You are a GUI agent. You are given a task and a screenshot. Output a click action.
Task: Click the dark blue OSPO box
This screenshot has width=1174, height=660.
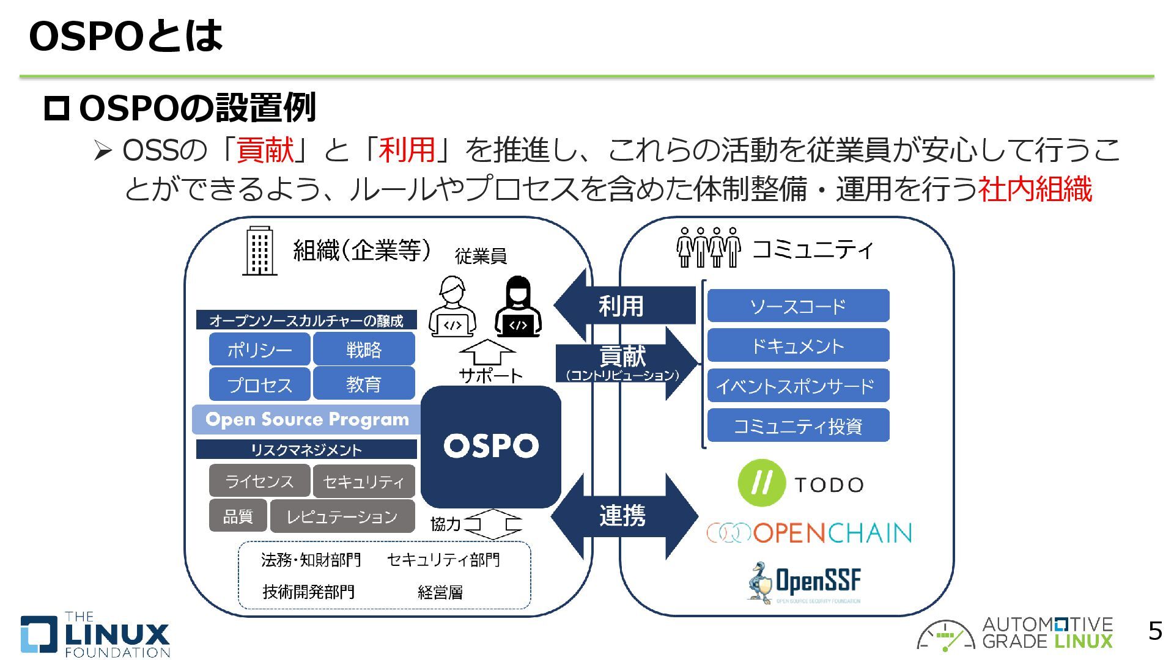point(491,446)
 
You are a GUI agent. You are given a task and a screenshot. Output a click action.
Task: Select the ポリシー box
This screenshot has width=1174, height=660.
point(260,350)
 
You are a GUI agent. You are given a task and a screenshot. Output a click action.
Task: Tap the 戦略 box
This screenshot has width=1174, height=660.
point(364,350)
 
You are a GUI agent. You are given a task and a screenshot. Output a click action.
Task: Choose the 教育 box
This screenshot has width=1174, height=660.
point(364,384)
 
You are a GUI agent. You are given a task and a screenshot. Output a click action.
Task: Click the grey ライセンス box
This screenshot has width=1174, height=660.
point(259,482)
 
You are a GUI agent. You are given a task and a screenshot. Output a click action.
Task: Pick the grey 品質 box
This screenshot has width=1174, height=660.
point(238,516)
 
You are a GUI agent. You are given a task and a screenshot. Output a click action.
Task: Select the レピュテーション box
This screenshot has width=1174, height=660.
point(342,517)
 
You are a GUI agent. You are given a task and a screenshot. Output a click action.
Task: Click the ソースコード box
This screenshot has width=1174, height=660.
point(798,306)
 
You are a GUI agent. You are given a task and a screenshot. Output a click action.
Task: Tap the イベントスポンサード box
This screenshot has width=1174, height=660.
point(798,386)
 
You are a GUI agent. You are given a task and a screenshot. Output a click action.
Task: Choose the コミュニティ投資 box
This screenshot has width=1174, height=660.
point(798,426)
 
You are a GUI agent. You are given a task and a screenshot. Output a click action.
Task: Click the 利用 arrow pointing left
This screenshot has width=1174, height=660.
point(621,306)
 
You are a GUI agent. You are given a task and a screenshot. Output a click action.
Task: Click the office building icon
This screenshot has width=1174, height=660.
point(260,251)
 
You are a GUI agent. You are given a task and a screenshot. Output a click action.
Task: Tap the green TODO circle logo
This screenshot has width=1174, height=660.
point(761,483)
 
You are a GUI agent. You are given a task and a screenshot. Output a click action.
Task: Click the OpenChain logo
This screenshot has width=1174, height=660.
point(809,533)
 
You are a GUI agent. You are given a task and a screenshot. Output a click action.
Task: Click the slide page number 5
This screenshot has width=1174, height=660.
point(1154,631)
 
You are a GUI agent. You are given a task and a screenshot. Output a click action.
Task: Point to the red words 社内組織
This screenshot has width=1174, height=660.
point(1035,189)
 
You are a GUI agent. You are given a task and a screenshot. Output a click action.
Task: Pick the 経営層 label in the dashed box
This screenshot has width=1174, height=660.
point(440,592)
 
